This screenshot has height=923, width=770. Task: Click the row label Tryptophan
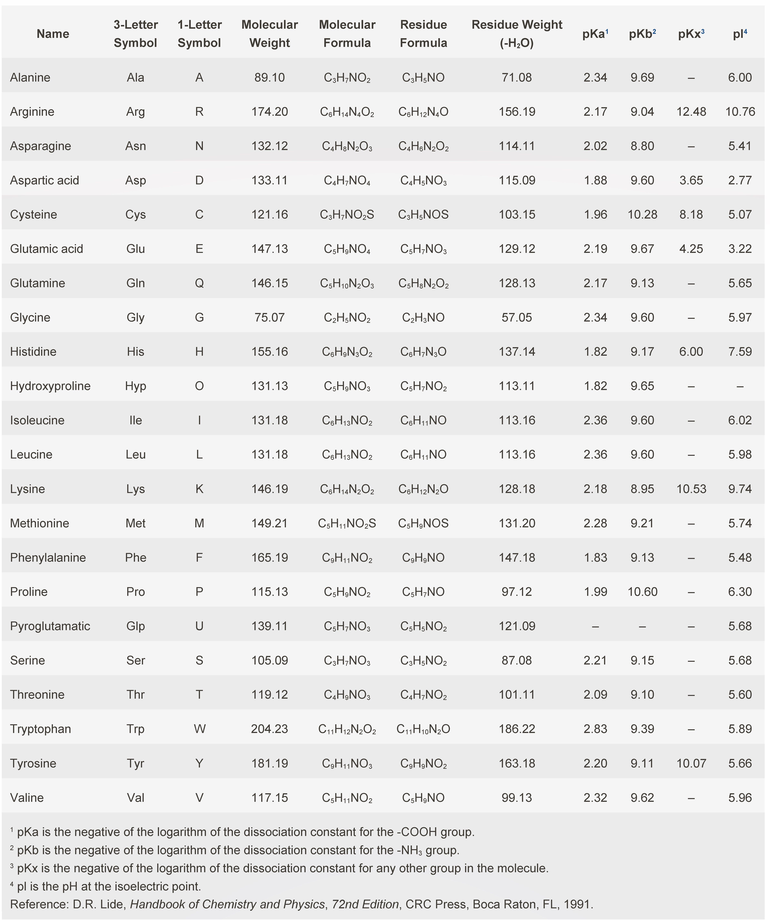click(40, 729)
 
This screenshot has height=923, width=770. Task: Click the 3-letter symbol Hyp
click(135, 386)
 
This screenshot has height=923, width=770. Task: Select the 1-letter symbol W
click(199, 729)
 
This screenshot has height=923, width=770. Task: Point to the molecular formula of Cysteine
click(347, 215)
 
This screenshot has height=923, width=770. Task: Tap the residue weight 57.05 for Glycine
click(517, 317)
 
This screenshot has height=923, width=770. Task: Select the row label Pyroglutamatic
click(50, 626)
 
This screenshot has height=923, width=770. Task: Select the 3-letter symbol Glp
click(135, 626)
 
